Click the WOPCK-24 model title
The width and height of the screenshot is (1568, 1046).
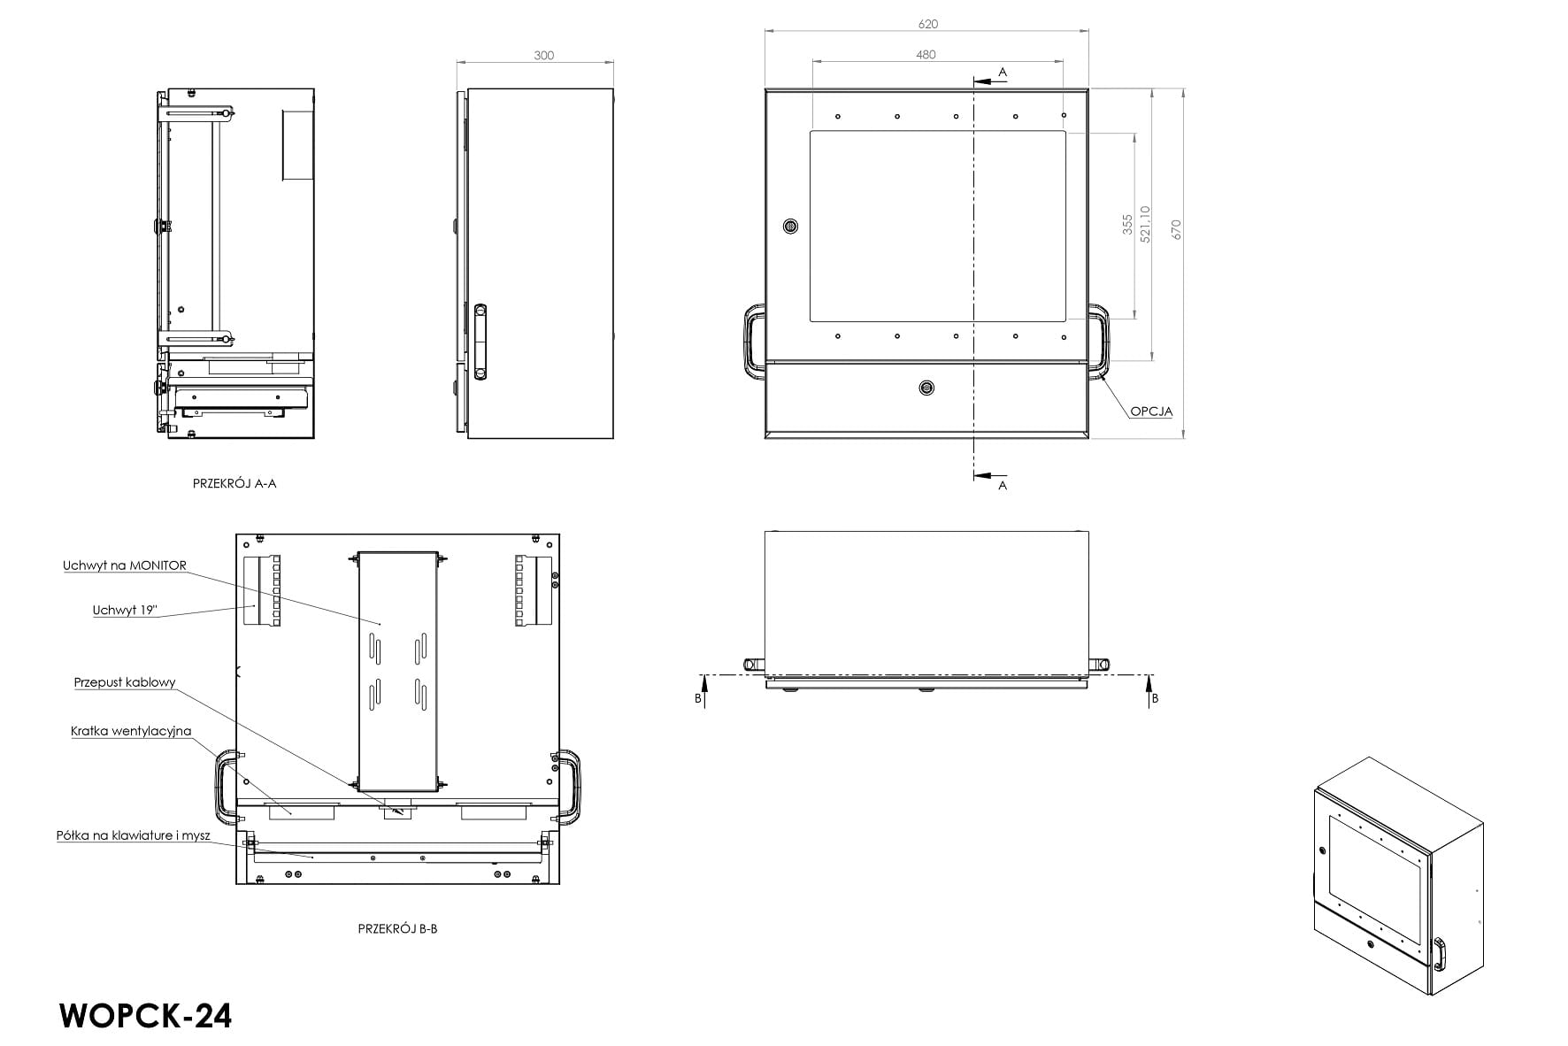point(146,1016)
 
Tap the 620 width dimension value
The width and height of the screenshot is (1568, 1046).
point(927,24)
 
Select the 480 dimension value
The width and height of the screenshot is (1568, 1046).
point(926,55)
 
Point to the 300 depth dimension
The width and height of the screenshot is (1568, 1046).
point(543,56)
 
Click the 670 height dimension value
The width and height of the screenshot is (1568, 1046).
point(1176,229)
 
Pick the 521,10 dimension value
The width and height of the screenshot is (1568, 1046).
point(1146,225)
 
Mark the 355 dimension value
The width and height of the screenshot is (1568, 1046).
point(1127,224)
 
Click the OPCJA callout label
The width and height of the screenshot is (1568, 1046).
point(1150,411)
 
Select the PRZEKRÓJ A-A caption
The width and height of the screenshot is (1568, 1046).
point(234,483)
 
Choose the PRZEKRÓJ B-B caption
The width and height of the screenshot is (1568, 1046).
point(397,929)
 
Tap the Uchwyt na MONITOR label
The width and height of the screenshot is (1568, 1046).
point(125,566)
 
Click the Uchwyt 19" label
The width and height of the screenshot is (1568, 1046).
point(125,611)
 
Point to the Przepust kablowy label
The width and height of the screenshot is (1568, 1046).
point(125,683)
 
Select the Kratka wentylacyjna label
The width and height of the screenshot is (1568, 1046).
point(131,732)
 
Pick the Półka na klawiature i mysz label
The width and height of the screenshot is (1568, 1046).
point(134,835)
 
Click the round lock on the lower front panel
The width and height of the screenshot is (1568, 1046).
point(926,388)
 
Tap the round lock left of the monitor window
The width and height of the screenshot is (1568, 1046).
point(791,227)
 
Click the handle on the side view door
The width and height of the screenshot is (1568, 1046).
point(480,342)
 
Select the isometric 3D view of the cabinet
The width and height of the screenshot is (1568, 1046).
point(1398,876)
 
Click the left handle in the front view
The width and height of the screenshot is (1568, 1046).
point(752,342)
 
